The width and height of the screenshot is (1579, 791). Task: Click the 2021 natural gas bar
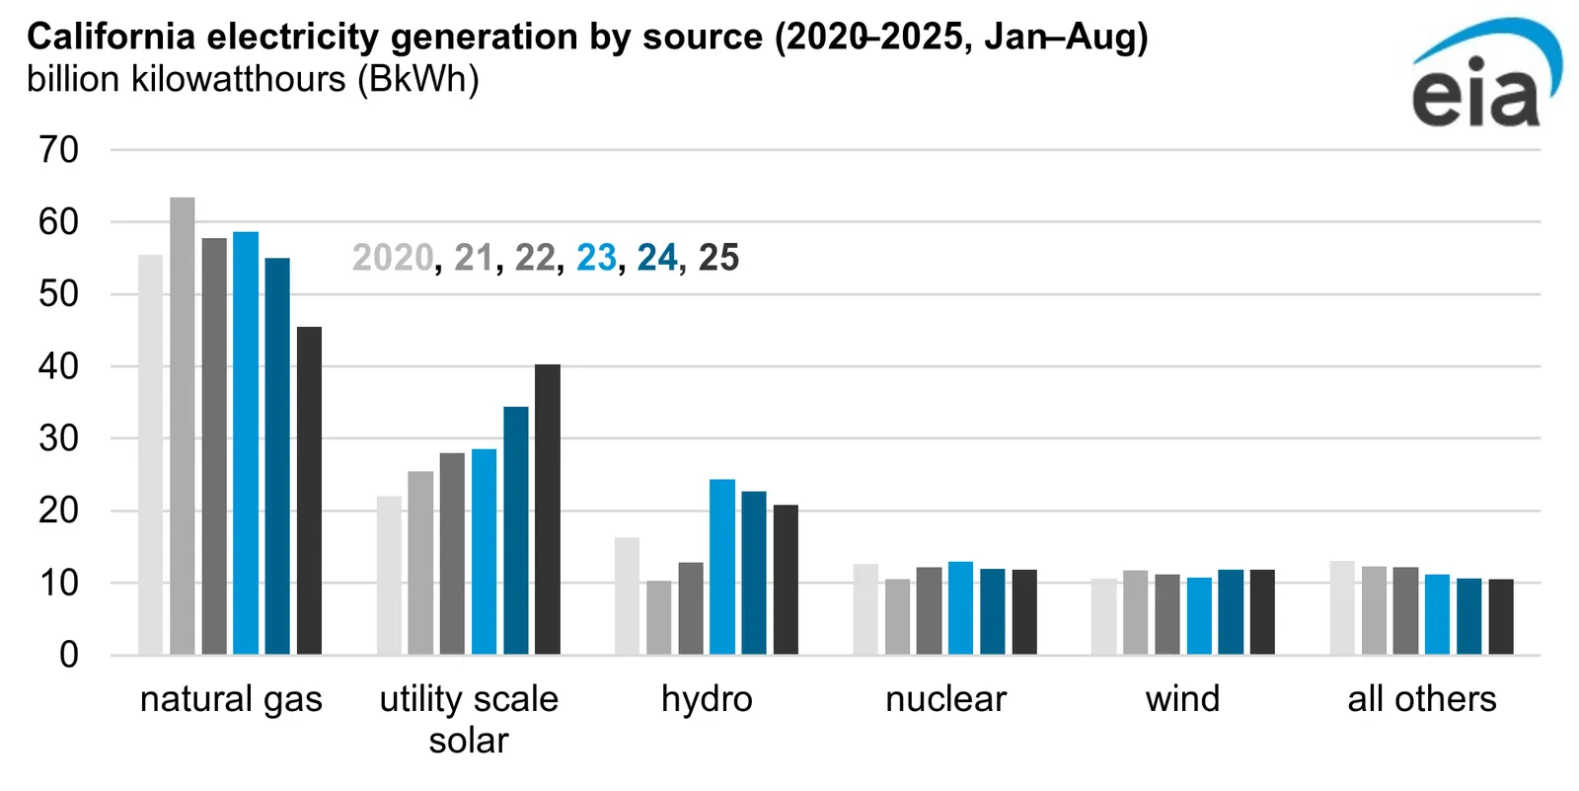tap(182, 426)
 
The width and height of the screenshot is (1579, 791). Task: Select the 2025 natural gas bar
tap(309, 491)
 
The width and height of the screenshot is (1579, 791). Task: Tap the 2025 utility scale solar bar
tap(548, 510)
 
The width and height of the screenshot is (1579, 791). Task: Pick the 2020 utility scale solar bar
tap(389, 575)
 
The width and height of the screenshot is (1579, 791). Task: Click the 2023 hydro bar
tap(722, 567)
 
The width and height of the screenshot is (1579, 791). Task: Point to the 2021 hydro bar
tap(659, 617)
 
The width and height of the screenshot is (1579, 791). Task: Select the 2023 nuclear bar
tap(960, 608)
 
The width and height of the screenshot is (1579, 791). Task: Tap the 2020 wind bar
tap(1103, 616)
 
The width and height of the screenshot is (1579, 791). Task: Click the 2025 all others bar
tap(1501, 616)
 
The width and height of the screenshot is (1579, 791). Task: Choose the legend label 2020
tap(392, 258)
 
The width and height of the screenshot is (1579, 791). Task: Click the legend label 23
tap(596, 258)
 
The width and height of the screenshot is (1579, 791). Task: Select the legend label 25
tap(718, 258)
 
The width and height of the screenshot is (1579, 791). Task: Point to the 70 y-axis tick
tap(58, 150)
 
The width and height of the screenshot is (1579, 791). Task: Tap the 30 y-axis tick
tap(58, 438)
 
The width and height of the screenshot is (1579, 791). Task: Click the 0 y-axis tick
tap(68, 655)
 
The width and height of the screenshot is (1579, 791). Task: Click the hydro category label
tap(707, 699)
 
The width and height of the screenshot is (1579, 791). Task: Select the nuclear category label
tap(945, 699)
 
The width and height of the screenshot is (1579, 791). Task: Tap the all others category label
tap(1421, 699)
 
